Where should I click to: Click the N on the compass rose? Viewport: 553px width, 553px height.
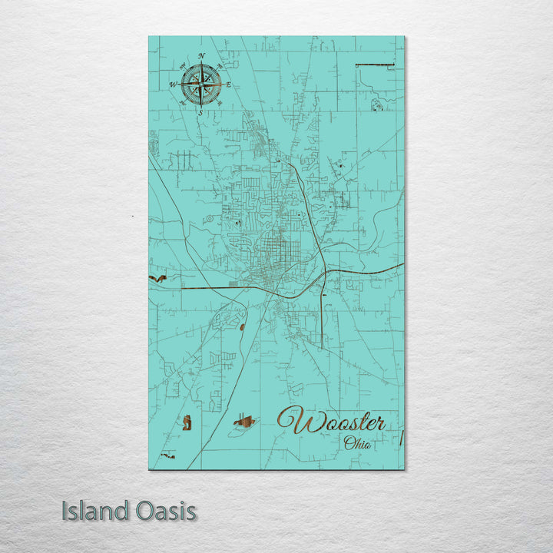tap(202, 56)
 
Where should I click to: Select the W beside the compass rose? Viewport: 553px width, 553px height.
tap(174, 84)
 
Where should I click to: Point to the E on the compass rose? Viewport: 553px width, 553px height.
tap(228, 84)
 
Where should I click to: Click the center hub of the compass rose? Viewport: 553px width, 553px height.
tap(201, 84)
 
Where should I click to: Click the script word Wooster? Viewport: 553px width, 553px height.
tap(331, 422)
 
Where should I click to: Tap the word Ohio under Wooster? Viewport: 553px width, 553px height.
tap(356, 442)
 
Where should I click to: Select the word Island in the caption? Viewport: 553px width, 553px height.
tap(94, 511)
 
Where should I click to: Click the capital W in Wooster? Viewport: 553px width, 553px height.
tap(293, 421)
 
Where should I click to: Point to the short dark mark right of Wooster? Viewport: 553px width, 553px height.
tap(401, 438)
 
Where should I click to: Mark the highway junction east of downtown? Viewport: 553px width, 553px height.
tap(323, 275)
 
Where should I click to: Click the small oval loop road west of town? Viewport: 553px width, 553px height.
tap(207, 219)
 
